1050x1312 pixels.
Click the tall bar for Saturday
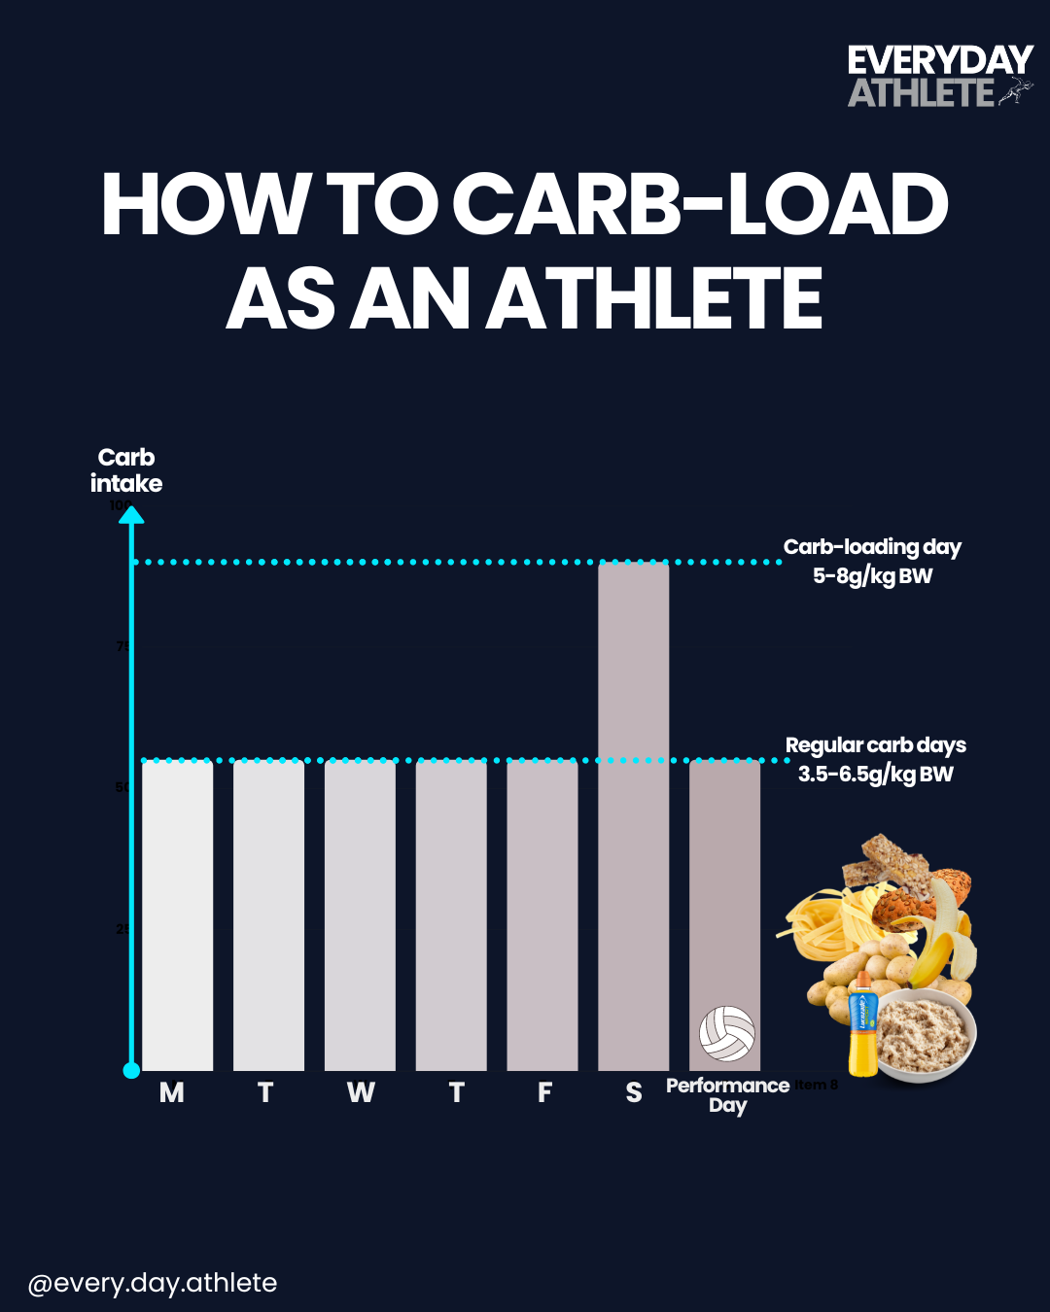pos(633,816)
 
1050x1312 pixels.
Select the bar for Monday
pos(177,915)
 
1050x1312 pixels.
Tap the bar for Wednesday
pos(360,915)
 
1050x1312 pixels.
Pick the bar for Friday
pos(542,915)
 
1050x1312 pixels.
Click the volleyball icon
pos(726,1033)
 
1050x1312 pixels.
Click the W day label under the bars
pos(361,1093)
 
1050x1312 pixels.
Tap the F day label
pos(544,1093)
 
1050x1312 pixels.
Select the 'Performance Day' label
pos(727,1095)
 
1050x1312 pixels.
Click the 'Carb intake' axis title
pos(126,470)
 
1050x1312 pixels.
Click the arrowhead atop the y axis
pos(131,514)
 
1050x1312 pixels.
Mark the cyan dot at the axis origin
pos(131,1070)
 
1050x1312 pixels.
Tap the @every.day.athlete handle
pos(153,1283)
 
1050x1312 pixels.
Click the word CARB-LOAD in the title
pos(700,205)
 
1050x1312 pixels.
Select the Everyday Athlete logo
pos(938,76)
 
